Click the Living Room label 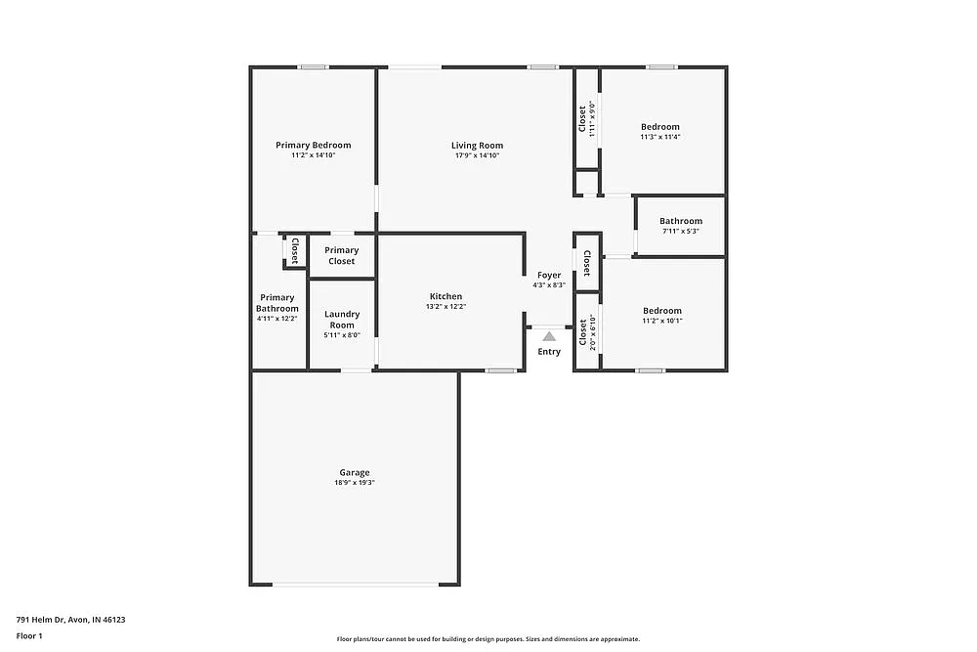coord(477,146)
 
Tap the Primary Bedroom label coord(313,145)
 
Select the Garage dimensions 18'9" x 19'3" coord(355,483)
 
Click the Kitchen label coord(446,296)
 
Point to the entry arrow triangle coord(549,335)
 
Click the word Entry coord(549,352)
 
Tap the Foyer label coord(549,275)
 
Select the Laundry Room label coord(342,320)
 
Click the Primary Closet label coord(342,255)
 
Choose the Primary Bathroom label coord(276,303)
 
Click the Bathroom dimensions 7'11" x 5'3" coord(680,232)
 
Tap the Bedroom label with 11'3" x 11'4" coord(660,127)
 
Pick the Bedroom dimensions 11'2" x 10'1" coord(662,321)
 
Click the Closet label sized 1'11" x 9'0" coord(582,118)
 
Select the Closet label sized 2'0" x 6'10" coord(583,332)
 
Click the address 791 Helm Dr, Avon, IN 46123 coord(70,619)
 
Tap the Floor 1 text coord(29,635)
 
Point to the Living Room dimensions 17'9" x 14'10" coord(477,155)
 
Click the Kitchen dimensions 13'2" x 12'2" coord(446,307)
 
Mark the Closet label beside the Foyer coord(586,263)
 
